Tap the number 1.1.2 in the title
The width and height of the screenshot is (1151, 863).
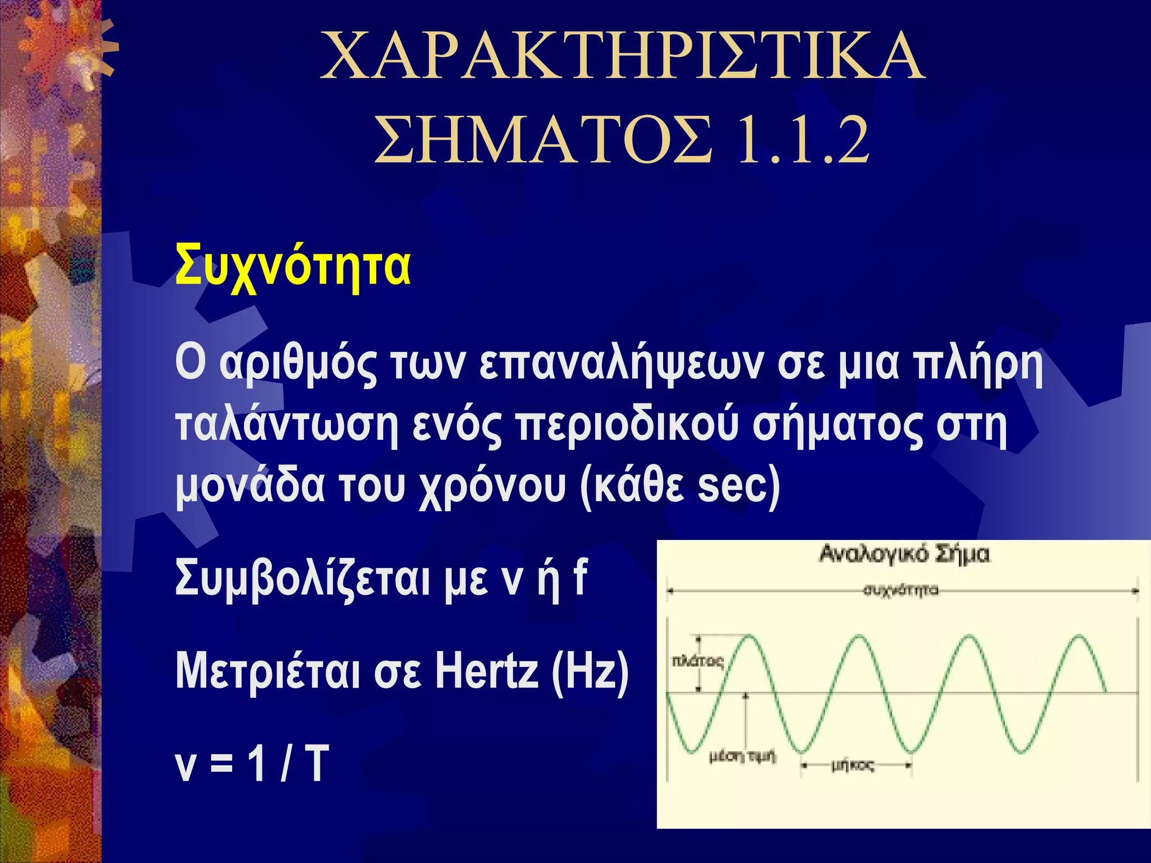(803, 140)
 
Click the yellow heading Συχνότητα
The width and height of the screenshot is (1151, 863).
(292, 266)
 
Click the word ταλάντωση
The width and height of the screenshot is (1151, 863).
(287, 426)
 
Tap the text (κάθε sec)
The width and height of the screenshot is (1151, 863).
(680, 487)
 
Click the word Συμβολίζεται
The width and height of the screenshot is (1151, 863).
(302, 579)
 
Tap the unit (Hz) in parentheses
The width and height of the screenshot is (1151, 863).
(590, 672)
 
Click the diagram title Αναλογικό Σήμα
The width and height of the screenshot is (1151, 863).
(904, 555)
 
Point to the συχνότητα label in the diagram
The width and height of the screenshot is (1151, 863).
(901, 591)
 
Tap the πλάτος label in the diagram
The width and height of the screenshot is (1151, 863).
(697, 662)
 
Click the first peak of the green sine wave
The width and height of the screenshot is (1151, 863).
(749, 636)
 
